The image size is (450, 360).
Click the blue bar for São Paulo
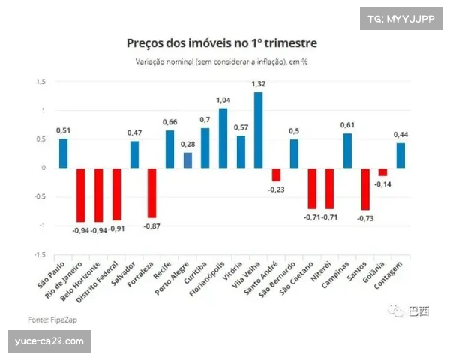pos(64,153)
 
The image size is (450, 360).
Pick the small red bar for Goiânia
pos(383,172)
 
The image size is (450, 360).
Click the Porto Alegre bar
pos(187,160)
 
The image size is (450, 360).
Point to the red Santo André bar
pos(276,175)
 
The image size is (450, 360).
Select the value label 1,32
pos(259,85)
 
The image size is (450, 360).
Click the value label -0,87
pos(152,226)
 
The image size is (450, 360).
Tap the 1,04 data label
pos(222,100)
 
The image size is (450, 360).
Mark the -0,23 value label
pos(276,190)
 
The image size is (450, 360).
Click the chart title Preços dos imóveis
pos(221,43)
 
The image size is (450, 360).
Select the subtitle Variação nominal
pos(221,61)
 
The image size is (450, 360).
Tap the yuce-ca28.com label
pos(50,342)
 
